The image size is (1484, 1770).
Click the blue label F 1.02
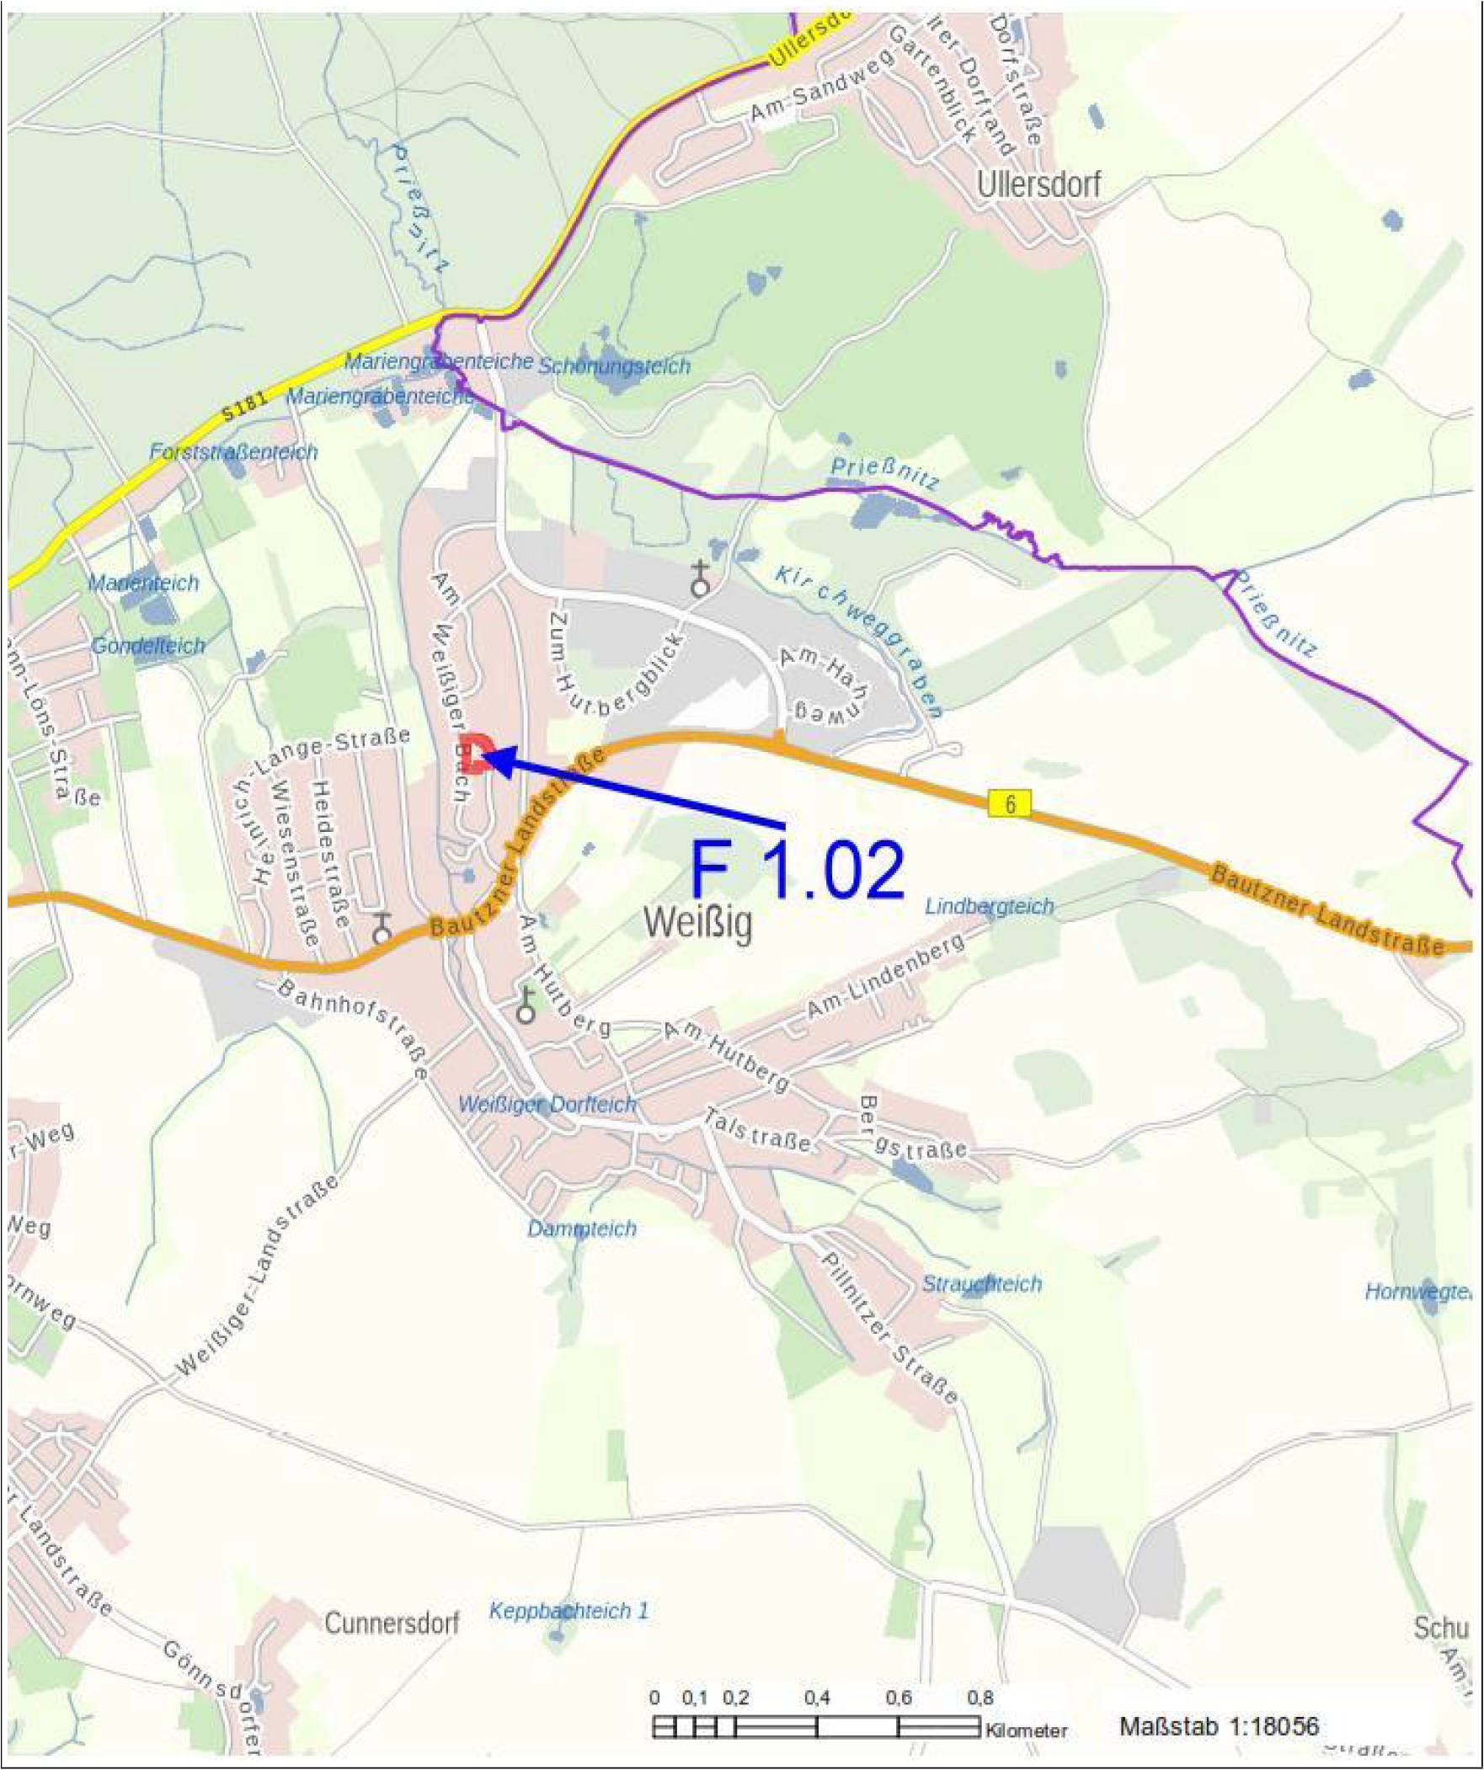(x=798, y=869)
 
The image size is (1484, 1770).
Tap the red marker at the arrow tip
(x=477, y=752)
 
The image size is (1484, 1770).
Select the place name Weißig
(x=698, y=923)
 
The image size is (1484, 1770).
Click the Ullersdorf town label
(x=1038, y=184)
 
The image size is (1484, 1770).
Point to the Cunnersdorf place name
(x=392, y=1623)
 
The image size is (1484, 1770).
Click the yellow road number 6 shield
(x=1009, y=803)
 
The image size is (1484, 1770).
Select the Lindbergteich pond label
(x=989, y=906)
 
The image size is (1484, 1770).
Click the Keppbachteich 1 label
(x=569, y=1611)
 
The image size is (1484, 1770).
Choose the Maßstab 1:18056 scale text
(x=1220, y=1725)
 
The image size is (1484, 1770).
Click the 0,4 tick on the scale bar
(x=816, y=1698)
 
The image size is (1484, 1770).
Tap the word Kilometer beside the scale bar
(x=1026, y=1730)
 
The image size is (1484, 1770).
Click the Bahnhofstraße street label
(x=353, y=1029)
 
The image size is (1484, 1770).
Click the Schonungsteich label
(x=614, y=365)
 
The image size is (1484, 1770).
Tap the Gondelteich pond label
(x=148, y=646)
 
